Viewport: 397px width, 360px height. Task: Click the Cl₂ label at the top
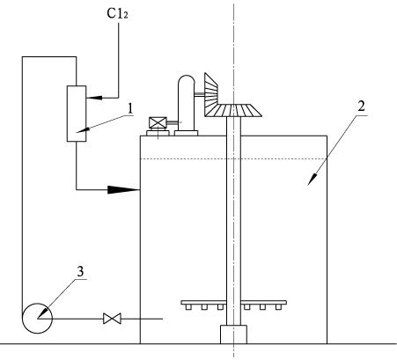pyautogui.click(x=117, y=13)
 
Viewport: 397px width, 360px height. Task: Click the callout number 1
pyautogui.click(x=129, y=108)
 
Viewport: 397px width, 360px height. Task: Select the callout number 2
pyautogui.click(x=361, y=106)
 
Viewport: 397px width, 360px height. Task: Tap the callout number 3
pyautogui.click(x=80, y=271)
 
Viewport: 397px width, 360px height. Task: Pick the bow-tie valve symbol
pyautogui.click(x=112, y=319)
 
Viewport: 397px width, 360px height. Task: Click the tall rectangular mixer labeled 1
pyautogui.click(x=77, y=114)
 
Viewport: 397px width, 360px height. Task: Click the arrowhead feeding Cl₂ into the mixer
pyautogui.click(x=94, y=98)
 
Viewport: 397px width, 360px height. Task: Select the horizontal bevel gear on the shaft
pyautogui.click(x=232, y=111)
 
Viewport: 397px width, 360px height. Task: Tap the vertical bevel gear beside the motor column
pyautogui.click(x=210, y=90)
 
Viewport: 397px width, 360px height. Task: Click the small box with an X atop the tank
pyautogui.click(x=158, y=122)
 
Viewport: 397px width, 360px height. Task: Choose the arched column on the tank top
pyautogui.click(x=186, y=103)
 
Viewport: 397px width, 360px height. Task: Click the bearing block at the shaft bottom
pyautogui.click(x=233, y=334)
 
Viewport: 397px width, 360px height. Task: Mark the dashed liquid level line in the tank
pyautogui.click(x=233, y=159)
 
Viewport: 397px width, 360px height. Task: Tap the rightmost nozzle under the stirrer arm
pyautogui.click(x=278, y=307)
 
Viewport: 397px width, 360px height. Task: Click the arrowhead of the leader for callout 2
pyautogui.click(x=312, y=179)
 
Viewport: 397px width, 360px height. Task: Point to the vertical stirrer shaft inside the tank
pyautogui.click(x=233, y=221)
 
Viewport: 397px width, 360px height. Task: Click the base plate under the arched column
pyautogui.click(x=186, y=133)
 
